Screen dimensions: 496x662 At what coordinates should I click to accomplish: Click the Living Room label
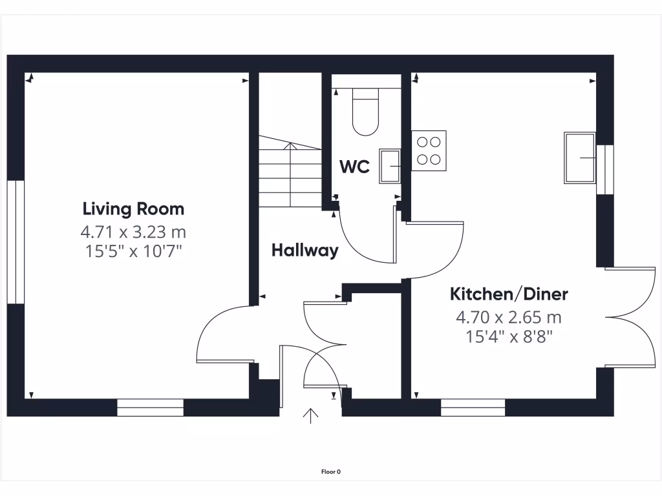133,209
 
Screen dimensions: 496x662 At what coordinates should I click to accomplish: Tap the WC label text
355,167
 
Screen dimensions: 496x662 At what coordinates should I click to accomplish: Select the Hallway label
304,251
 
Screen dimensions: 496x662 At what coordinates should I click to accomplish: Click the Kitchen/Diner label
509,294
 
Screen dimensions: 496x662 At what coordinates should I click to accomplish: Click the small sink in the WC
390,165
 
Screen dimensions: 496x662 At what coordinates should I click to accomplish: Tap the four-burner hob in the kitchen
429,150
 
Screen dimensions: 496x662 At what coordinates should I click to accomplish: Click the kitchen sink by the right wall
580,157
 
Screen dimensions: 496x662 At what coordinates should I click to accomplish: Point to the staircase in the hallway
290,175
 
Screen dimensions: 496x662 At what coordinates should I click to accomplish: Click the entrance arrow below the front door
311,415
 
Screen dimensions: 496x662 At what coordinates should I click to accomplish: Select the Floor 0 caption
331,471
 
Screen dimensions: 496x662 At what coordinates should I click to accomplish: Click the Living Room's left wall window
16,242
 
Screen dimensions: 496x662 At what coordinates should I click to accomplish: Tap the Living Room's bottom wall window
150,408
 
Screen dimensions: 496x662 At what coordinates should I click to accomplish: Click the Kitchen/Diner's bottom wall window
473,408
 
